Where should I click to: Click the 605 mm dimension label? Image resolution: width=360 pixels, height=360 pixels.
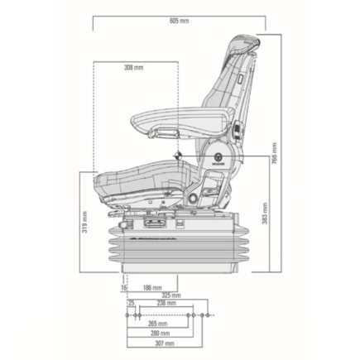[178, 20]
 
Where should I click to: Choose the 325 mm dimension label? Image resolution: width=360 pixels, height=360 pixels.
[171, 295]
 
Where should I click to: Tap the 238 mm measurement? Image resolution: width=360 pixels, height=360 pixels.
[166, 304]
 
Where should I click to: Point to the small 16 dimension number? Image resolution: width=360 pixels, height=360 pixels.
[124, 287]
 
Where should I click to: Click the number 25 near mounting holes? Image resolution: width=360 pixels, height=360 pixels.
[131, 304]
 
